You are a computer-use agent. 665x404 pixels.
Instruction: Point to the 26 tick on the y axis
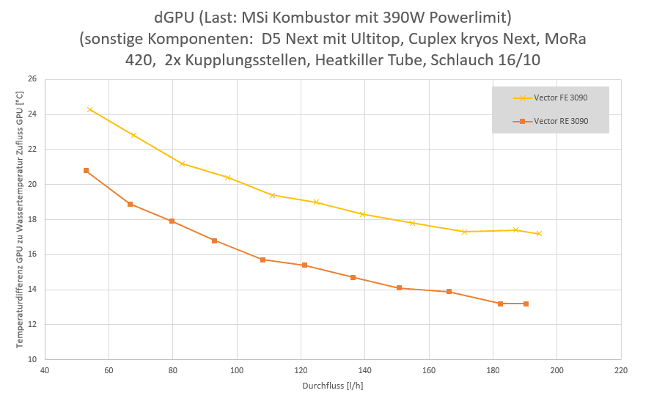32,79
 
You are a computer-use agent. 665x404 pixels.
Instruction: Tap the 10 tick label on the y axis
32,360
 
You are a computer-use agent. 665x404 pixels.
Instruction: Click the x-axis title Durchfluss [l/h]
332,386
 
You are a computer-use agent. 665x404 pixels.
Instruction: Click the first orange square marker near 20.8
86,171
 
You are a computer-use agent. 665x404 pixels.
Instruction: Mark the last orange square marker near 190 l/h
526,304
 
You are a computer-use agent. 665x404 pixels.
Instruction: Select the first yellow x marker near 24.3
89,109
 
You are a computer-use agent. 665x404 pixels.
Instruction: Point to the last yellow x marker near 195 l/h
539,234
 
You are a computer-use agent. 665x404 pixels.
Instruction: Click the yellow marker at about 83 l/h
182,164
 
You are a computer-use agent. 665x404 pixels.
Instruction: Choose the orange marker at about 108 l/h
262,260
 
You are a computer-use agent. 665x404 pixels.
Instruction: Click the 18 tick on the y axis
32,220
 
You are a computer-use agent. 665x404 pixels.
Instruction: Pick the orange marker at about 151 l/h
400,288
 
